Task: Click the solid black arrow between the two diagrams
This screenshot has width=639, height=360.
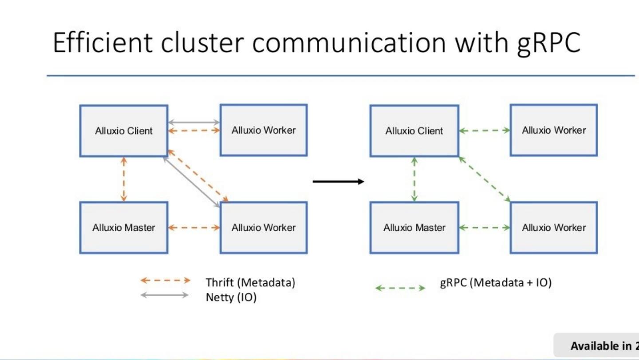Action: coord(338,181)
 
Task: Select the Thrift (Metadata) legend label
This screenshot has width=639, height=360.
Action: coord(250,282)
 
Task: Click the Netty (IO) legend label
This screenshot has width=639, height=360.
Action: coord(231,297)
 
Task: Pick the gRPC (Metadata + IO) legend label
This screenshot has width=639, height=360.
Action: coord(496,283)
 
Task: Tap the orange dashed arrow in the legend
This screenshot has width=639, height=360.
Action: coord(165,280)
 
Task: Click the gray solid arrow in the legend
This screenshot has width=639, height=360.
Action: coord(165,295)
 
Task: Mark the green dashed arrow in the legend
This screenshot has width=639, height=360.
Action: coord(400,288)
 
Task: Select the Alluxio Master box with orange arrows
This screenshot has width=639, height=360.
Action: coord(124,228)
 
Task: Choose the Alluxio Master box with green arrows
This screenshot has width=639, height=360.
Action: coord(414,228)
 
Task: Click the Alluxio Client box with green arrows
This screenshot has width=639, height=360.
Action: coord(414,131)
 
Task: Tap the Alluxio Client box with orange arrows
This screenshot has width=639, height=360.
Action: coord(124,131)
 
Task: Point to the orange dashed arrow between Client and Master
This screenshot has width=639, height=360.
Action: coord(124,179)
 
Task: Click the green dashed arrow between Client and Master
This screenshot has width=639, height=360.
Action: coord(414,179)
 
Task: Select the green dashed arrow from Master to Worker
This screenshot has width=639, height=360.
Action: coord(484,228)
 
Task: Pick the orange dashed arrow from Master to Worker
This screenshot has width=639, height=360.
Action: coord(194,228)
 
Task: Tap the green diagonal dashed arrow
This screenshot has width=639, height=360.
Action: coord(485,179)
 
